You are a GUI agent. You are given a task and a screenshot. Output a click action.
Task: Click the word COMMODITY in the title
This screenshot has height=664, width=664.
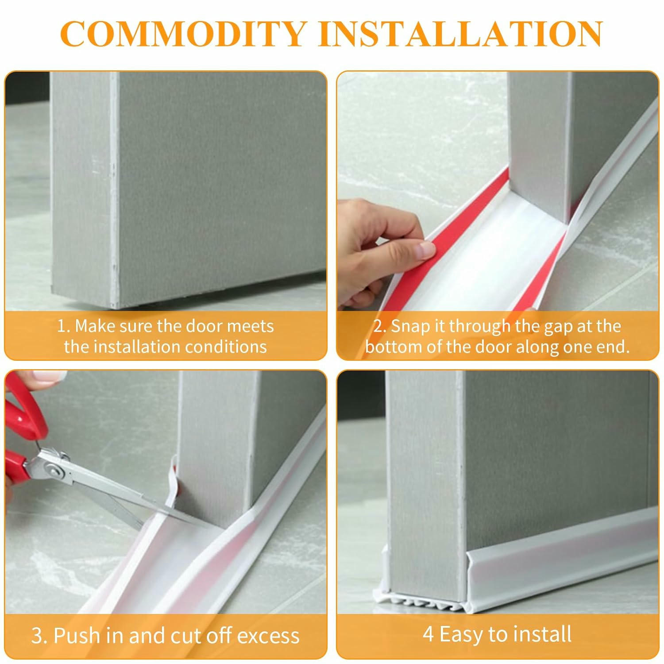[x=183, y=34]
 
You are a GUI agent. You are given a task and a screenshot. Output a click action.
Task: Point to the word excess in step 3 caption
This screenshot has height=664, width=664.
[x=268, y=636]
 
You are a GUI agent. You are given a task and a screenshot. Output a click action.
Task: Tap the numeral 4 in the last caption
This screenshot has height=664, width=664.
[x=428, y=634]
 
